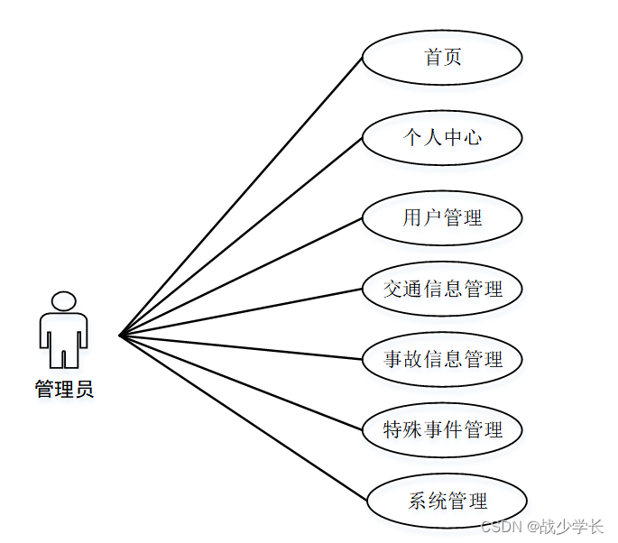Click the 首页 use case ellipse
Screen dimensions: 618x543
tap(442, 57)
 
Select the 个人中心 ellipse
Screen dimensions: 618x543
tap(442, 138)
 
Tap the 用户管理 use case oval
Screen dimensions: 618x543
tap(442, 217)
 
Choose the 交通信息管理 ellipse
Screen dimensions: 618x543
tap(442, 289)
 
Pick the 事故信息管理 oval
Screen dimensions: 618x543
tap(442, 359)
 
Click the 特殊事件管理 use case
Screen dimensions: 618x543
tap(442, 429)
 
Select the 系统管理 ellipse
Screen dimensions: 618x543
tap(447, 501)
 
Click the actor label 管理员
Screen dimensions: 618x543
tap(64, 390)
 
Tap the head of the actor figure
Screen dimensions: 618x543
tap(63, 301)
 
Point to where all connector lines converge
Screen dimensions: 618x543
tap(120, 336)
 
